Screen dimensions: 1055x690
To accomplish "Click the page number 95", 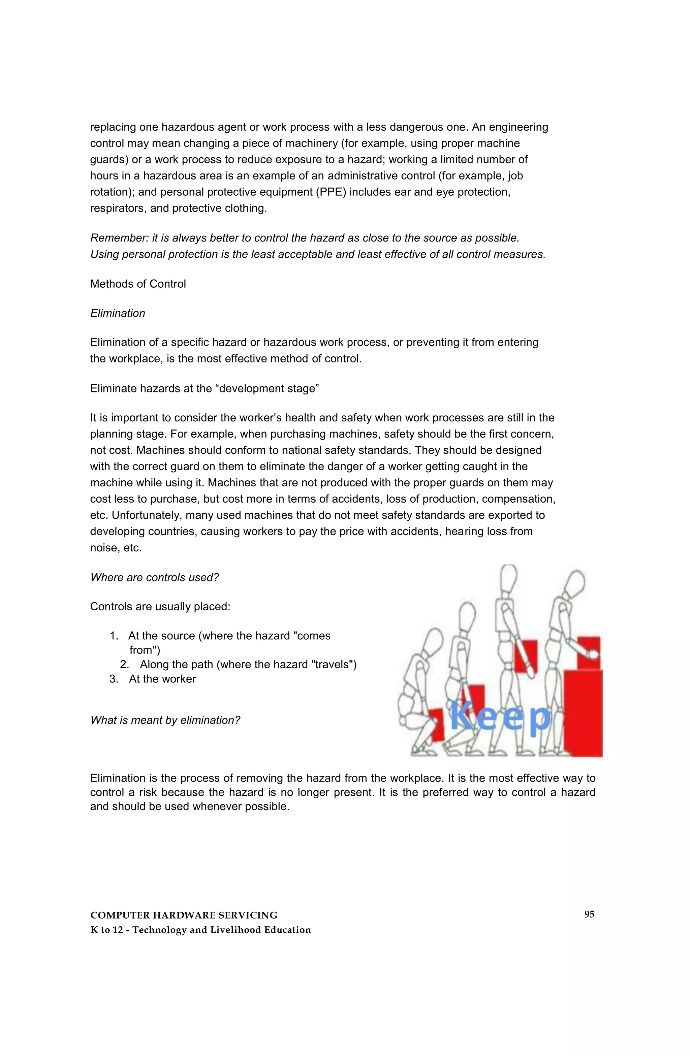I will (x=589, y=914).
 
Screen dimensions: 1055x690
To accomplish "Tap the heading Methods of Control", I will (x=138, y=284).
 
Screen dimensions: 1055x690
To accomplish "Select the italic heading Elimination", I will (x=118, y=313).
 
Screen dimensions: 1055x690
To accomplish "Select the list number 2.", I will (x=124, y=665).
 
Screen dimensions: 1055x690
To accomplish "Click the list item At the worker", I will (x=162, y=679).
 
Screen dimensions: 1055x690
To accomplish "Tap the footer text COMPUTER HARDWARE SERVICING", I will (x=184, y=915).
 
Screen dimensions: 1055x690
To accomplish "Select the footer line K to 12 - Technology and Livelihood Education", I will (x=200, y=930).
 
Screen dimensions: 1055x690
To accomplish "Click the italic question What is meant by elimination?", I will (x=165, y=720).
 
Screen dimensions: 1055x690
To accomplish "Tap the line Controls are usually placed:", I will (x=160, y=606).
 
